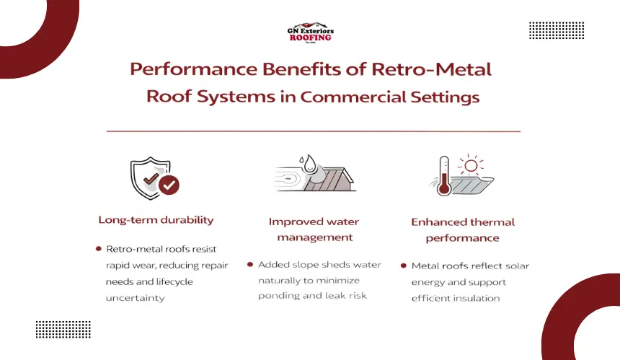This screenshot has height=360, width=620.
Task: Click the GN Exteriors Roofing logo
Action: (x=311, y=32)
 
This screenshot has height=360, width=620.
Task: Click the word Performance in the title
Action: (x=193, y=69)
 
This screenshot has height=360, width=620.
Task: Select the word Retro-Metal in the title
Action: (x=431, y=69)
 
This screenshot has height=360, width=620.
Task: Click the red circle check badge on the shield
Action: (x=169, y=185)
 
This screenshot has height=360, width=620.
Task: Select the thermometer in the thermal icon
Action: (x=444, y=175)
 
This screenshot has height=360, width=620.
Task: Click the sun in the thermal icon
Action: (x=471, y=165)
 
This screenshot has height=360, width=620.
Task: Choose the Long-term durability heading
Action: (x=156, y=220)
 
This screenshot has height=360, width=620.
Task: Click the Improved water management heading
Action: (x=314, y=229)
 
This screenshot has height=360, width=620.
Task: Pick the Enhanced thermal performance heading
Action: (x=463, y=230)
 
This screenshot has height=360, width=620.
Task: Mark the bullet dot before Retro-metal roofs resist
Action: (x=99, y=249)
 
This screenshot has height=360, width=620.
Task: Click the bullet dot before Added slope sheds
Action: (x=250, y=264)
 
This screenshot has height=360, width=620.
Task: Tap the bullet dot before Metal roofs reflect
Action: (x=403, y=265)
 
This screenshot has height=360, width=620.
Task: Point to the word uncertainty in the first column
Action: (x=136, y=298)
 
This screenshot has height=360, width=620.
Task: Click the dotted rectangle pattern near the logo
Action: (x=557, y=30)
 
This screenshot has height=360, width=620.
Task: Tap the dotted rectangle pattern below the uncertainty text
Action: (x=63, y=330)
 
